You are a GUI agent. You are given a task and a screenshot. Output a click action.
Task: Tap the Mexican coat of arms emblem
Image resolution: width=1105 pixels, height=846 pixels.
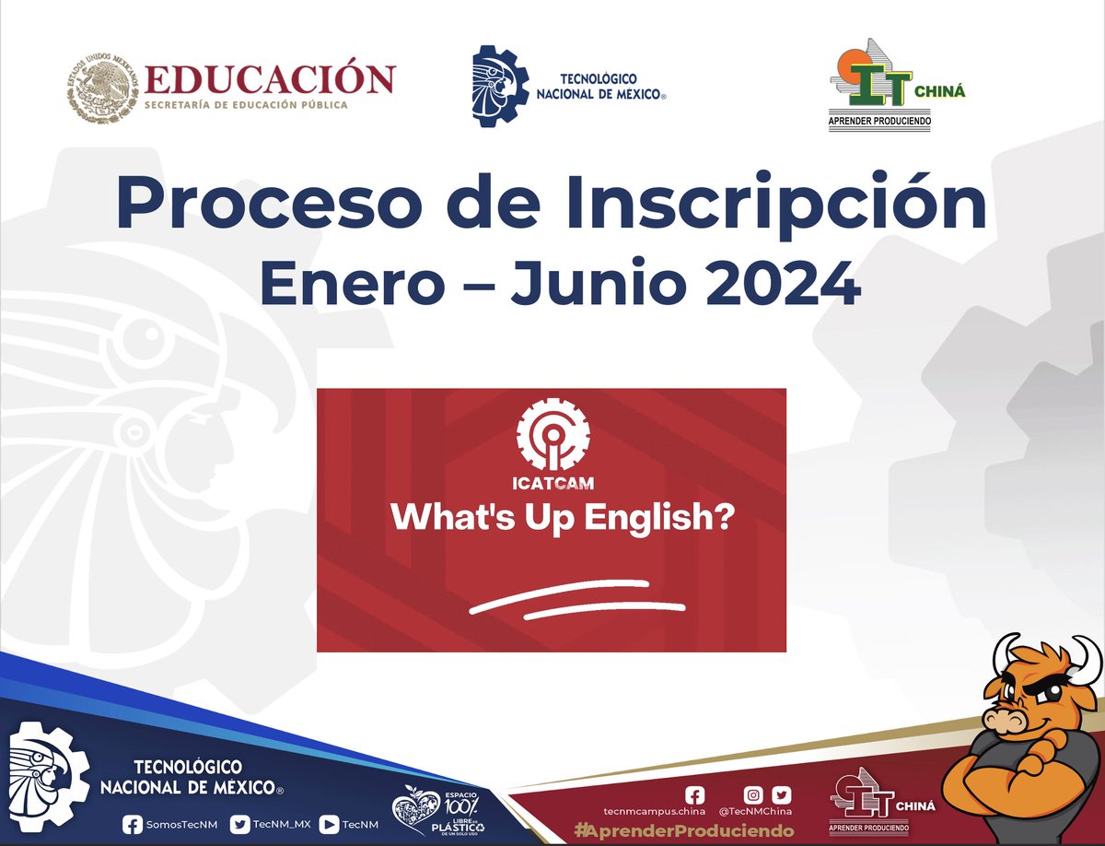(x=101, y=89)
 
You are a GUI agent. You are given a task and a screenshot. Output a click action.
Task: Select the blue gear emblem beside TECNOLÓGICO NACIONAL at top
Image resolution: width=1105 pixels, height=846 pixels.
(x=501, y=86)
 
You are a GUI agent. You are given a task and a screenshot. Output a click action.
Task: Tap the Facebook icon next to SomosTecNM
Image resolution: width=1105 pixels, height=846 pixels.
(x=132, y=824)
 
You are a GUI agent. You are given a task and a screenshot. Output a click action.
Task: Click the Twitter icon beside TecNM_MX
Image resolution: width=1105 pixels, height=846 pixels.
(x=240, y=824)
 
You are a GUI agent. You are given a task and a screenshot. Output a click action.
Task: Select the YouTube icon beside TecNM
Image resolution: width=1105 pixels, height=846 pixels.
(x=329, y=824)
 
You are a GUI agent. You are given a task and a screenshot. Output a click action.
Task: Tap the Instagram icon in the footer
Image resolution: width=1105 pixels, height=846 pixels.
(x=753, y=794)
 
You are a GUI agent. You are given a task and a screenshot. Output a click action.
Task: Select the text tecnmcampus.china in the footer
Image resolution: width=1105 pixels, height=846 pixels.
(x=654, y=812)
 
